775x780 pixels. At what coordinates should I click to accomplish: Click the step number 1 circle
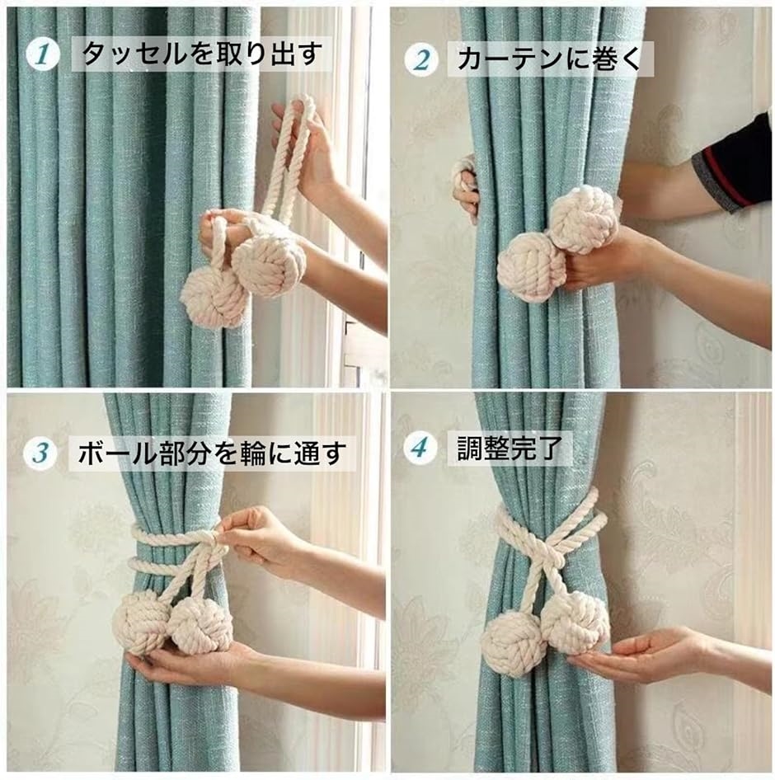pyautogui.click(x=42, y=54)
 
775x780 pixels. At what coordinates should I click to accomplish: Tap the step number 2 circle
pyautogui.click(x=421, y=60)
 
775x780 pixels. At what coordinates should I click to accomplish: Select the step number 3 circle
pyautogui.click(x=40, y=453)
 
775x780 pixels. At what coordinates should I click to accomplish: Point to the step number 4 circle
pyautogui.click(x=420, y=449)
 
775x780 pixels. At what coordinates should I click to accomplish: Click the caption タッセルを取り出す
pyautogui.click(x=201, y=54)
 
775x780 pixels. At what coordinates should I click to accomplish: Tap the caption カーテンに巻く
pyautogui.click(x=549, y=59)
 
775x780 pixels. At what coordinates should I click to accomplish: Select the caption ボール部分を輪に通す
pyautogui.click(x=212, y=453)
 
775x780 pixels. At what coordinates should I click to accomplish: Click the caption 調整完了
pyautogui.click(x=510, y=448)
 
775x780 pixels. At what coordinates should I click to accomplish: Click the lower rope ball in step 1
pyautogui.click(x=215, y=297)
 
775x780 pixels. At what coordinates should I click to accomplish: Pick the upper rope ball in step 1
pyautogui.click(x=262, y=260)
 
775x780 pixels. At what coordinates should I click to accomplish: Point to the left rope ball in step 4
pyautogui.click(x=512, y=645)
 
